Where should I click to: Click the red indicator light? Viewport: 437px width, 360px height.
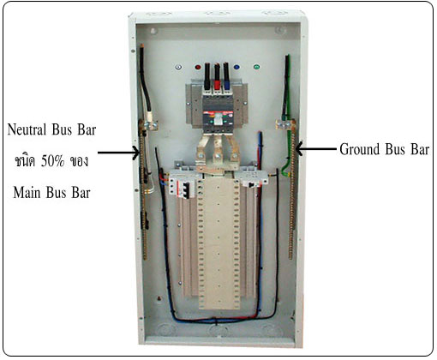pyautogui.click(x=198, y=68)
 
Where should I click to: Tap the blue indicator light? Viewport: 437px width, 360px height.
pyautogui.click(x=236, y=68)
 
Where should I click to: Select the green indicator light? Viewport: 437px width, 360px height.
pyautogui.click(x=256, y=67)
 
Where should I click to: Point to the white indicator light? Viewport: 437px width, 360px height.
pyautogui.click(x=178, y=68)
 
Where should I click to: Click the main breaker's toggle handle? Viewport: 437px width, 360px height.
pyautogui.click(x=218, y=118)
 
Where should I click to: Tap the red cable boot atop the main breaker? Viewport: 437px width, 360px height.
pyautogui.click(x=217, y=85)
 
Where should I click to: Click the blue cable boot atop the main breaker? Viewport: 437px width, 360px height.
pyautogui.click(x=227, y=85)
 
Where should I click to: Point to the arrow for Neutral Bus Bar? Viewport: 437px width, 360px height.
pyautogui.click(x=118, y=153)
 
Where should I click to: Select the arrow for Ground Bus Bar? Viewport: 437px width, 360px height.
pyautogui.click(x=316, y=148)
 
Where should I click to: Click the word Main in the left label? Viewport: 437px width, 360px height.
pyautogui.click(x=27, y=192)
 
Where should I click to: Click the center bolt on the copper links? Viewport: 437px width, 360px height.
pyautogui.click(x=217, y=156)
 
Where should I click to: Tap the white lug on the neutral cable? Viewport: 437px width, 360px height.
pyautogui.click(x=148, y=117)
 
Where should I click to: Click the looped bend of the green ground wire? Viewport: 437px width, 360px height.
pyautogui.click(x=285, y=171)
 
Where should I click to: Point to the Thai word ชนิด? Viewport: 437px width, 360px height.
pyautogui.click(x=25, y=161)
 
